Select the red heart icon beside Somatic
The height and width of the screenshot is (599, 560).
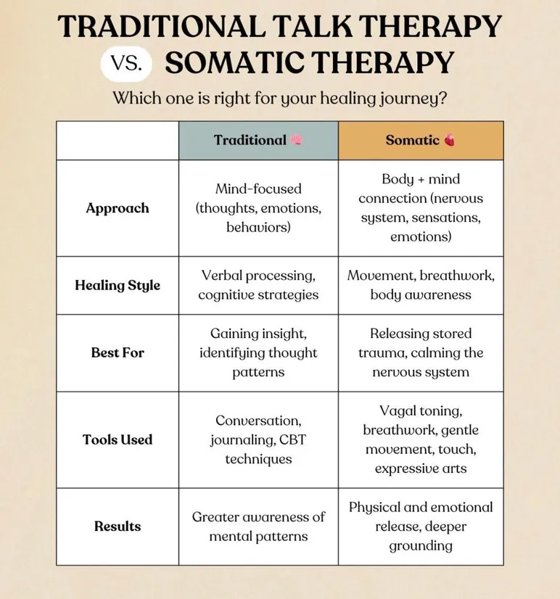pyautogui.click(x=450, y=141)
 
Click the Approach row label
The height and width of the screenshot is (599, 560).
pyautogui.click(x=118, y=208)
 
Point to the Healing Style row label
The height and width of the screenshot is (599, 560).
pyautogui.click(x=118, y=285)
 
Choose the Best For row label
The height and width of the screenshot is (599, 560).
pyautogui.click(x=118, y=352)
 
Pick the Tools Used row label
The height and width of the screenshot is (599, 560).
pyautogui.click(x=118, y=439)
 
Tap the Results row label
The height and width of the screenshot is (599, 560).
pyautogui.click(x=118, y=526)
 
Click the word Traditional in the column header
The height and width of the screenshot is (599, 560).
pyautogui.click(x=250, y=141)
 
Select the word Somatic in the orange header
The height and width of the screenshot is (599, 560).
pyautogui.click(x=412, y=141)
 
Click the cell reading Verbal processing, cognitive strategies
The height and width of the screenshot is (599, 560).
pyautogui.click(x=258, y=285)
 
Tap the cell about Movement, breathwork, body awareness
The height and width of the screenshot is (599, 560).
pyautogui.click(x=421, y=285)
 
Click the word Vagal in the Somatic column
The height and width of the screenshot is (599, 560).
pyautogui.click(x=398, y=410)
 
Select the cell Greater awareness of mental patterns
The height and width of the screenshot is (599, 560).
pyautogui.click(x=258, y=526)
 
